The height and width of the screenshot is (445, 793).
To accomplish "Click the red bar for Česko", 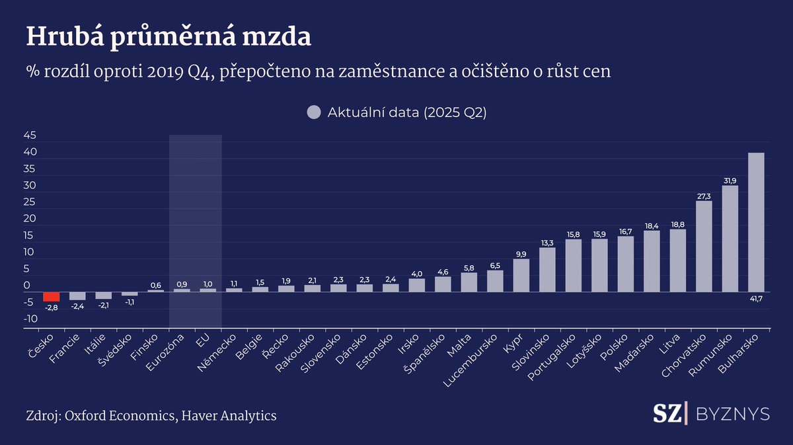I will (52, 296).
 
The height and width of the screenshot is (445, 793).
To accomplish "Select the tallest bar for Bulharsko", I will (756, 222).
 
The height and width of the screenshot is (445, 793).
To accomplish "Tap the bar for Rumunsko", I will (730, 239).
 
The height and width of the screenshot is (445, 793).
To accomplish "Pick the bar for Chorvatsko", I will (704, 246).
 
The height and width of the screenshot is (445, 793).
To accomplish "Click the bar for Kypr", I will (521, 275).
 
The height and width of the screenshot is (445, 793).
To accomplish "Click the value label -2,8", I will (52, 307).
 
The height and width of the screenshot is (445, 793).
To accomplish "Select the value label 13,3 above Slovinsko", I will (547, 243).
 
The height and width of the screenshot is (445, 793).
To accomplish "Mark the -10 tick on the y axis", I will (29, 319).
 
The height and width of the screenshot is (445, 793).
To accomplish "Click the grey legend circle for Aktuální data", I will (314, 112).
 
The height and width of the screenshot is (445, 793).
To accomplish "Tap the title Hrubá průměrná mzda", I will (169, 38).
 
